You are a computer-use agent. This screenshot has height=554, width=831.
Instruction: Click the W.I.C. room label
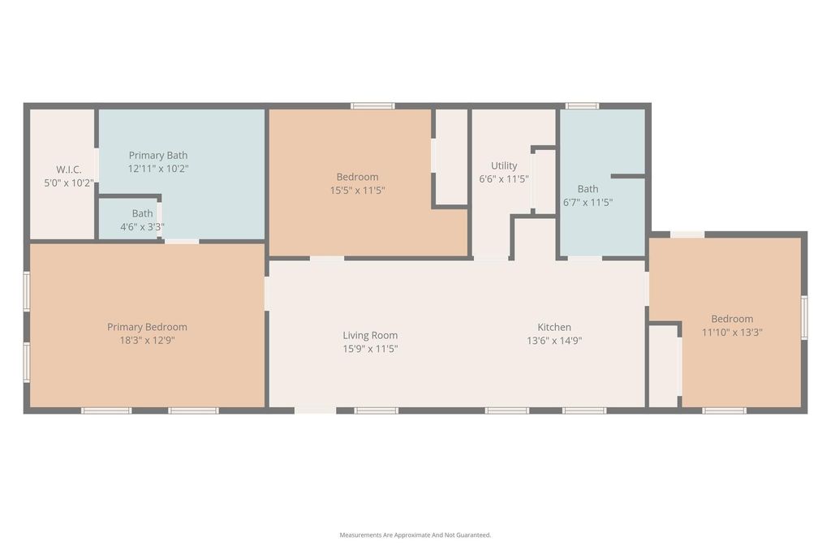pos(69,170)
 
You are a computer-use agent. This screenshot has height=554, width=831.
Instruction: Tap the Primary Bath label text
pos(158,155)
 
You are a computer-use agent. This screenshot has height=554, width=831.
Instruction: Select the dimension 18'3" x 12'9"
pos(147,340)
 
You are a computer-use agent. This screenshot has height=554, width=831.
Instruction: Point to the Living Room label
pos(370,335)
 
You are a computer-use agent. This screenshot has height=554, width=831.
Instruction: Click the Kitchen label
pos(554,327)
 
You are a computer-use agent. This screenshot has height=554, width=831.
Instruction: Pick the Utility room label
pos(504,165)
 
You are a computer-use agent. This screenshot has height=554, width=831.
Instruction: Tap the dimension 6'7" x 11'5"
pos(588,202)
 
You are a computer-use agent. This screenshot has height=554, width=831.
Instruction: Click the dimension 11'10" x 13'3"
pos(732,332)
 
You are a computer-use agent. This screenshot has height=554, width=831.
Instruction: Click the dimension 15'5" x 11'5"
pos(357,190)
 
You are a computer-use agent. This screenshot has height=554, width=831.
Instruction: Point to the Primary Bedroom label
pos(147,327)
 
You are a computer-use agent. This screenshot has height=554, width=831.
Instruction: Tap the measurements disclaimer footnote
pos(415,535)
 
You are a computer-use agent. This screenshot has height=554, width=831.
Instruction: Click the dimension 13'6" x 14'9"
pos(554,341)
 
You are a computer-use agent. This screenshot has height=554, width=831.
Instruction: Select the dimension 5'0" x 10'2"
pos(69,183)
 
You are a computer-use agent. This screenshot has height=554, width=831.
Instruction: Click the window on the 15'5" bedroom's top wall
pos(372,106)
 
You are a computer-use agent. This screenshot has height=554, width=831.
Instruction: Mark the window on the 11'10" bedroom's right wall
pos(804,317)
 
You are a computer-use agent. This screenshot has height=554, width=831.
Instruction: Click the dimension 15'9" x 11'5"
pos(370,349)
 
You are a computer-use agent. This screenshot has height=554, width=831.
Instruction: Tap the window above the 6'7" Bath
pos(582,106)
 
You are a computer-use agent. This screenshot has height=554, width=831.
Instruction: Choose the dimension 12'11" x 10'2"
pos(158,169)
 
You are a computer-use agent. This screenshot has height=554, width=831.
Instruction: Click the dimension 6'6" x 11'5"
pos(504,179)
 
